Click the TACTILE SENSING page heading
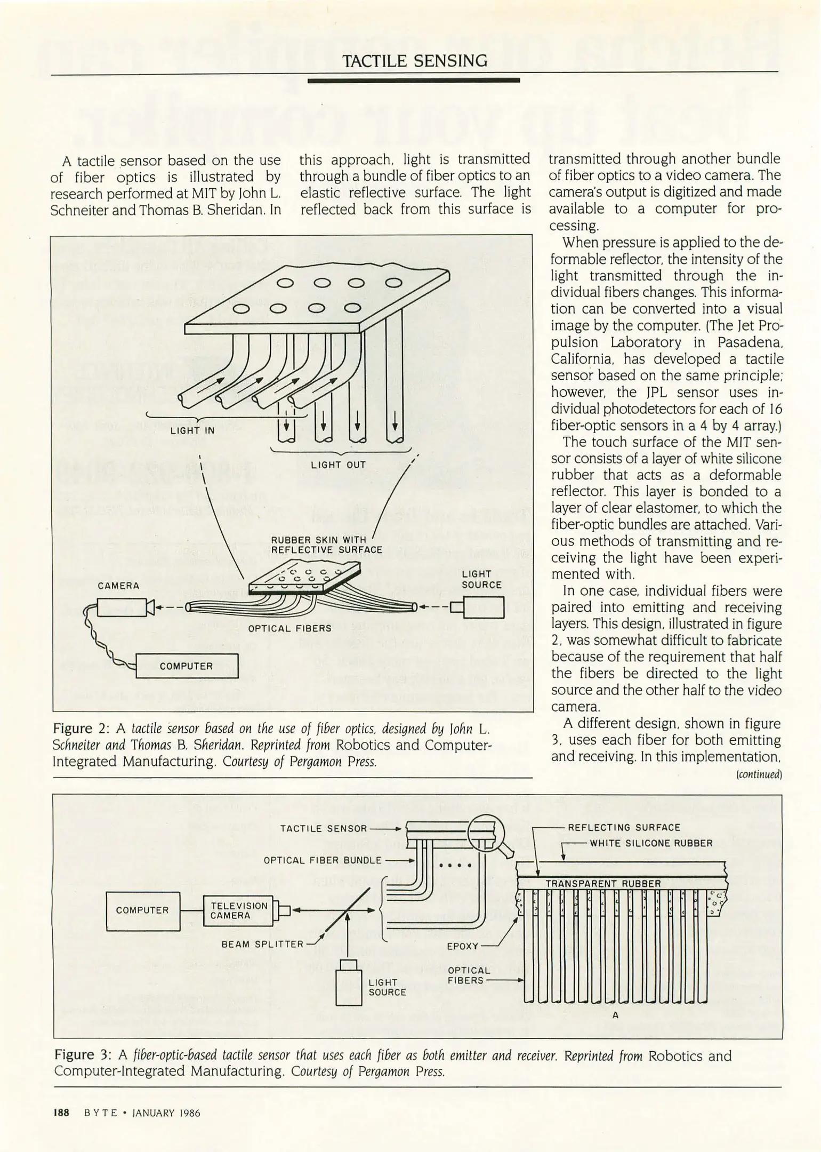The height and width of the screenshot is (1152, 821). pyautogui.click(x=414, y=61)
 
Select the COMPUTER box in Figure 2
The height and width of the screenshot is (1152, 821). pyautogui.click(x=187, y=666)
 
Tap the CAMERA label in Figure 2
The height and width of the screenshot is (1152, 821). pyautogui.click(x=118, y=586)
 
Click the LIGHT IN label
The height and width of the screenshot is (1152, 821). pyautogui.click(x=192, y=430)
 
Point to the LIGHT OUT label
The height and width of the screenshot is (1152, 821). pyautogui.click(x=339, y=465)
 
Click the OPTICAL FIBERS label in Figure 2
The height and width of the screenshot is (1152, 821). pyautogui.click(x=289, y=628)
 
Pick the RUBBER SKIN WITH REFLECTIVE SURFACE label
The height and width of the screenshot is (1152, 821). pyautogui.click(x=326, y=545)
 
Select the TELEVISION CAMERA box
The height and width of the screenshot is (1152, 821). pyautogui.click(x=238, y=911)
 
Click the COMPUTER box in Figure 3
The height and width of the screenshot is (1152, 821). pyautogui.click(x=143, y=910)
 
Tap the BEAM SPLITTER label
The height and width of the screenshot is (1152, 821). pyautogui.click(x=262, y=944)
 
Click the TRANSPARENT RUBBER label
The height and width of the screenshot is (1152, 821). pyautogui.click(x=602, y=883)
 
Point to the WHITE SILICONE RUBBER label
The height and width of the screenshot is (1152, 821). pyautogui.click(x=651, y=843)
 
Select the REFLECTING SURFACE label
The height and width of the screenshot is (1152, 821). pyautogui.click(x=624, y=828)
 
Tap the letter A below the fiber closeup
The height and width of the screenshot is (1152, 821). pyautogui.click(x=615, y=1015)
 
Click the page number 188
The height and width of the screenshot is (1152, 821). pyautogui.click(x=62, y=1113)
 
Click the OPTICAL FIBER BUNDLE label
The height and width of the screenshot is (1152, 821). pyautogui.click(x=323, y=860)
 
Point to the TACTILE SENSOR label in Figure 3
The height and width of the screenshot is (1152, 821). pyautogui.click(x=324, y=828)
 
